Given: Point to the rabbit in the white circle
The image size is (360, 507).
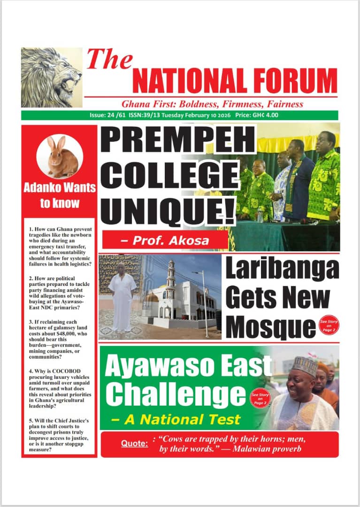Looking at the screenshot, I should (61, 157).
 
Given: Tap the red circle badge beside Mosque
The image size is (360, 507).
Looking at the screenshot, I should (328, 324).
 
